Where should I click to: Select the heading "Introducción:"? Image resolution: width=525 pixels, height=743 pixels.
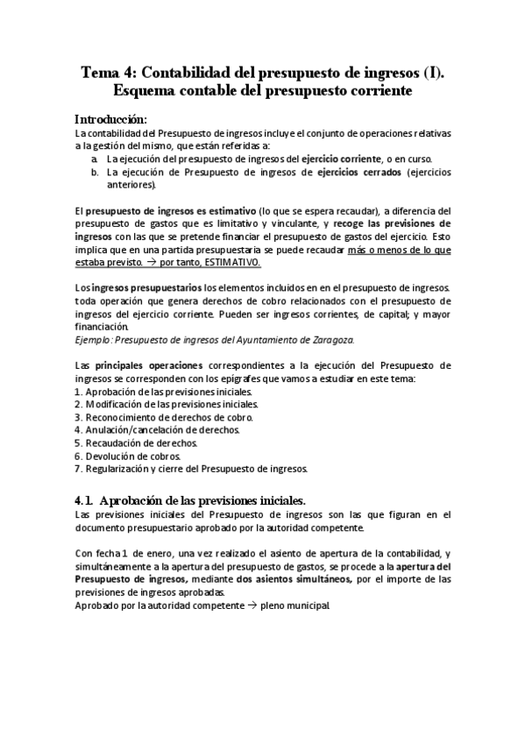[x=110, y=119]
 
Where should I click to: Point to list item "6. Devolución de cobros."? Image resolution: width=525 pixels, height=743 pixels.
[x=128, y=456]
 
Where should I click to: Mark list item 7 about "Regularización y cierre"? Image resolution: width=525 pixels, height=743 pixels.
[x=190, y=469]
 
